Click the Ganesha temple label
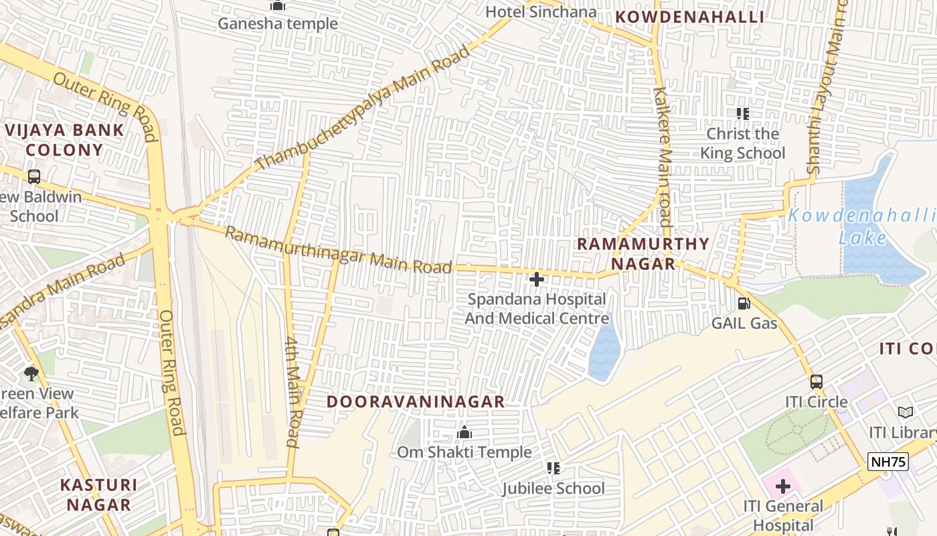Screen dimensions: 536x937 pyautogui.click(x=278, y=24)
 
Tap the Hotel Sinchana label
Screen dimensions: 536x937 pyautogui.click(x=541, y=12)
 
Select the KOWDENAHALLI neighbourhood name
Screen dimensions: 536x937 pyautogui.click(x=689, y=17)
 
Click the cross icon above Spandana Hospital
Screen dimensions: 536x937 pyautogui.click(x=537, y=279)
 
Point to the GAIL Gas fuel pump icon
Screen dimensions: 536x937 pyautogui.click(x=744, y=304)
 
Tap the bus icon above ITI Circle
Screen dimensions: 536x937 pyautogui.click(x=817, y=382)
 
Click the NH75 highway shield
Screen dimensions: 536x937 pyautogui.click(x=888, y=462)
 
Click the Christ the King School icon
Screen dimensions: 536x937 pyautogui.click(x=742, y=114)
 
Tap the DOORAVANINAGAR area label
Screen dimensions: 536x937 pyautogui.click(x=415, y=402)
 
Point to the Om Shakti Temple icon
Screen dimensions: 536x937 pyautogui.click(x=464, y=433)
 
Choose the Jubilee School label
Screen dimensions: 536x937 pyautogui.click(x=553, y=488)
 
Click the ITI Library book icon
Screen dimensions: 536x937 pyautogui.click(x=905, y=412)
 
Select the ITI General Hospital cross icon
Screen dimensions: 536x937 pyautogui.click(x=782, y=486)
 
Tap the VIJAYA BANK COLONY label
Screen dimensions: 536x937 pyautogui.click(x=64, y=140)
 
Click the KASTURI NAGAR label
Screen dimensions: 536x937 pyautogui.click(x=98, y=494)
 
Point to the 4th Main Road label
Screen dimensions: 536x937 pyautogui.click(x=292, y=391)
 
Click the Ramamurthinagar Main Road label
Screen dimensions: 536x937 pyautogui.click(x=338, y=251)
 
